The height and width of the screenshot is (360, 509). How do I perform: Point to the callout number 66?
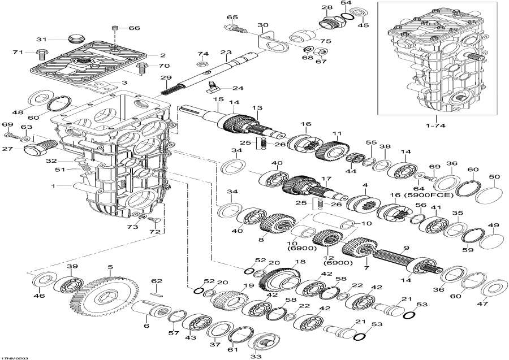click(x=133, y=28)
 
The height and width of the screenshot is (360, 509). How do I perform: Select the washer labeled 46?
click(x=41, y=280)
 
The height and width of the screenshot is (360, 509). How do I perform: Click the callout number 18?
click(x=300, y=262)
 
